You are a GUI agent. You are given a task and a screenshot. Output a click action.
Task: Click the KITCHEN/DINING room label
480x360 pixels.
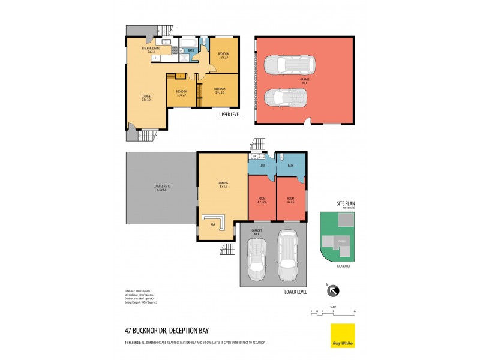click(151, 49)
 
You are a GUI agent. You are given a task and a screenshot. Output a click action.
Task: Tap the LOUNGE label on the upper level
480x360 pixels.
click(146, 97)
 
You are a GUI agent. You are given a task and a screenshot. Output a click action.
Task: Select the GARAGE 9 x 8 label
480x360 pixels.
click(305, 80)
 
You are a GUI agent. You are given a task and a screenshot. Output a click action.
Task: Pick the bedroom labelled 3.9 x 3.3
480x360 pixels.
click(220, 91)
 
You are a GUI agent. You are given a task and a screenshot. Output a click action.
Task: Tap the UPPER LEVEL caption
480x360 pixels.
click(230, 113)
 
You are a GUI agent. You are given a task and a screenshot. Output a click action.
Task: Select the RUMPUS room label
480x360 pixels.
click(223, 185)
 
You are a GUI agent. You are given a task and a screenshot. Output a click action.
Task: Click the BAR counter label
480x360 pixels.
click(212, 225)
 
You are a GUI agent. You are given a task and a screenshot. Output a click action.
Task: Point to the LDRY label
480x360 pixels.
click(262, 165)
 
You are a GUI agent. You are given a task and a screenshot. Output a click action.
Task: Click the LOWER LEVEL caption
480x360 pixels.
click(295, 292)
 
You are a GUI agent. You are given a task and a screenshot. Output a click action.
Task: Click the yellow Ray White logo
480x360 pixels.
click(343, 335)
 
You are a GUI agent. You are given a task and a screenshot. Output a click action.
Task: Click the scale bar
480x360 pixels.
click(333, 312)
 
